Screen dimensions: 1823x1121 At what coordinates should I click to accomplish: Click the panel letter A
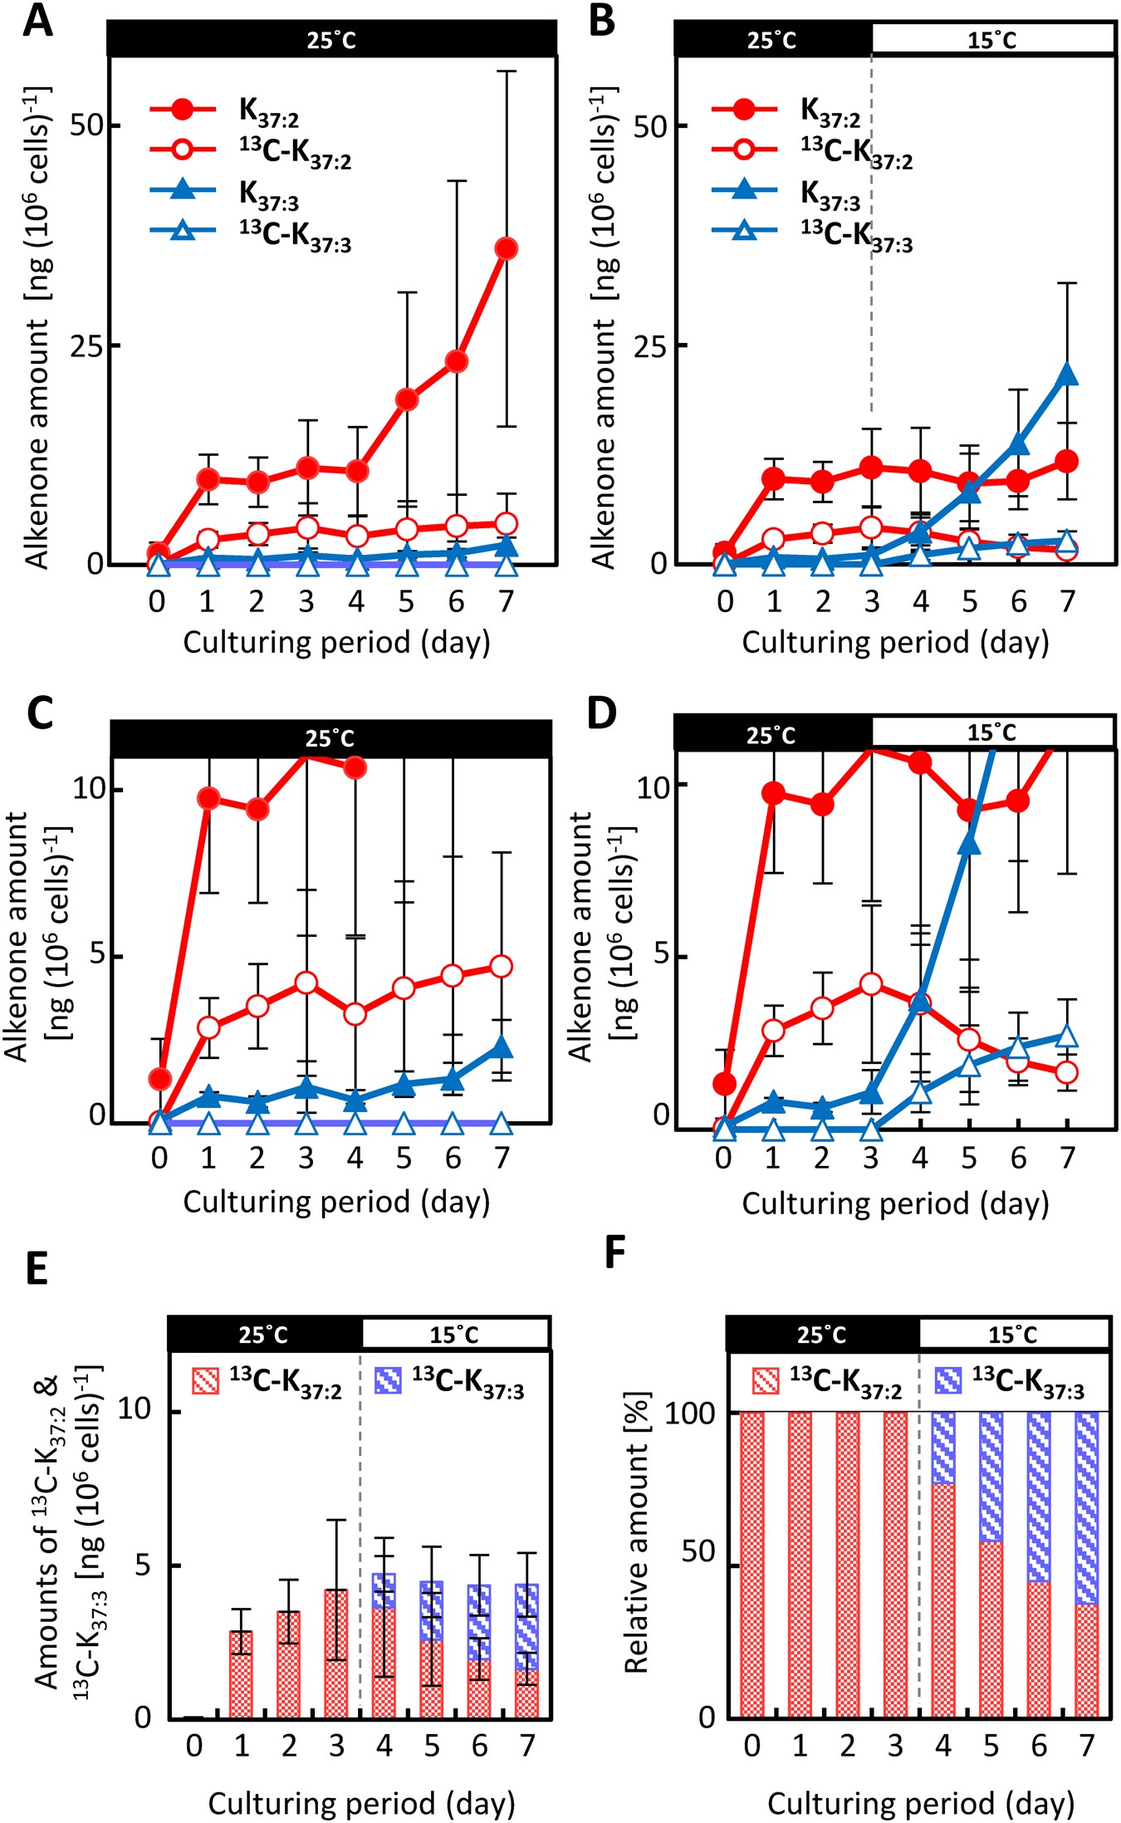pyautogui.click(x=37, y=21)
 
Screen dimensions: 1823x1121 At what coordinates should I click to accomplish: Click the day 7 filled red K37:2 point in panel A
pyautogui.click(x=506, y=248)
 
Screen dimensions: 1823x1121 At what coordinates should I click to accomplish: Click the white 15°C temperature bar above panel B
pyautogui.click(x=992, y=40)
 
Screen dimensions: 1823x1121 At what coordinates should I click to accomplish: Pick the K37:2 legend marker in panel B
pyautogui.click(x=745, y=109)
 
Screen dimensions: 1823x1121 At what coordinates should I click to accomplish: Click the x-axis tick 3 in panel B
pyautogui.click(x=871, y=601)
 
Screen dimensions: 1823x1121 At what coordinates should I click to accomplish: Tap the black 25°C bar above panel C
pyautogui.click(x=330, y=738)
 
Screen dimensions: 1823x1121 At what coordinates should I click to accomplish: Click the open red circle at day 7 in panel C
pyautogui.click(x=501, y=966)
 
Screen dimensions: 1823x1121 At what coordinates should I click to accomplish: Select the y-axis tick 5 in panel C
pyautogui.click(x=98, y=955)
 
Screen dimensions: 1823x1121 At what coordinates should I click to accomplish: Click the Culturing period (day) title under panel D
pyautogui.click(x=895, y=1203)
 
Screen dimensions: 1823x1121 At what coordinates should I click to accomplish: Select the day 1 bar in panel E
pyautogui.click(x=241, y=1674)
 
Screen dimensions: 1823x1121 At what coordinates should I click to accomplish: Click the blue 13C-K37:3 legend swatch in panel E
pyautogui.click(x=388, y=1380)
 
